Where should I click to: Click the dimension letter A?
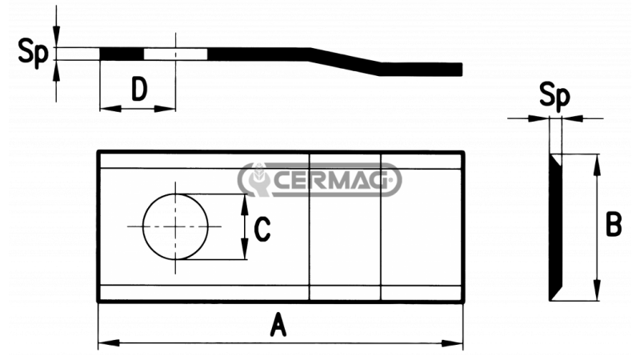278,326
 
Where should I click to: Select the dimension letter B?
613,226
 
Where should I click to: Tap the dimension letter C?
262,230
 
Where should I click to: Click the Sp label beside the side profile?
30,54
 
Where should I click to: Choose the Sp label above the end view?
554,97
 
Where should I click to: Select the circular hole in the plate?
175,226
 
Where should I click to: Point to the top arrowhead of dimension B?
596,161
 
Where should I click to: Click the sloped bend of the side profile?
344,61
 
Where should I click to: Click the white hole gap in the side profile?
175,54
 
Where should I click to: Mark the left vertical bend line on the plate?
310,226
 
